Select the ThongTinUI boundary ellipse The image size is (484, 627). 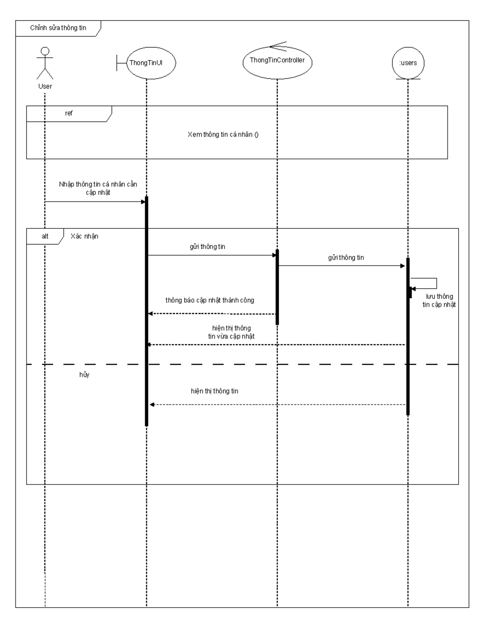tap(146, 63)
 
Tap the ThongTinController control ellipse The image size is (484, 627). tap(277, 61)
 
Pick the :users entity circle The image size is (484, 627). tap(408, 63)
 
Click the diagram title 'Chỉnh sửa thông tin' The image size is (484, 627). tap(58, 28)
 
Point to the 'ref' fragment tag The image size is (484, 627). tap(69, 113)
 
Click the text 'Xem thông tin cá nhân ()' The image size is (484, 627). tap(223, 134)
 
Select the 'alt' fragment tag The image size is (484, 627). tap(45, 236)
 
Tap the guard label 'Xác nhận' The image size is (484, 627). tap(84, 236)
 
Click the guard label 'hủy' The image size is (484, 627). tap(84, 375)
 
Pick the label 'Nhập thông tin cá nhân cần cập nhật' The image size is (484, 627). tap(98, 188)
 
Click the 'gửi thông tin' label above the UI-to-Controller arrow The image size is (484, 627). tap(207, 247)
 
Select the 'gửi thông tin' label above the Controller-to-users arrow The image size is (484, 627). tap(346, 257)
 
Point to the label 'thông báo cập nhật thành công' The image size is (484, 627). tap(210, 300)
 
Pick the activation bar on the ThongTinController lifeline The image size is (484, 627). tap(277, 286)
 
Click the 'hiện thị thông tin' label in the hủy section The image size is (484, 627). tap(215, 391)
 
